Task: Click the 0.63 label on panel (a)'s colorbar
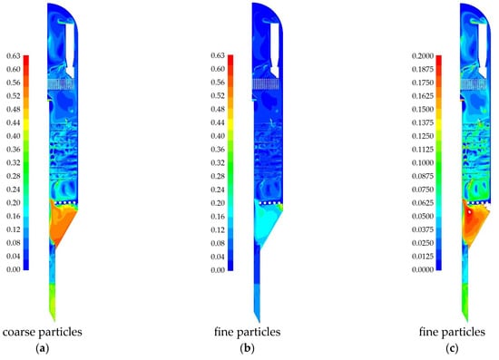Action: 14,56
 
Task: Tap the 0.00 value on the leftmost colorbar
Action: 14,269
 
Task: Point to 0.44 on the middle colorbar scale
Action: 218,122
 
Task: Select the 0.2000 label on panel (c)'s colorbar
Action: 423,56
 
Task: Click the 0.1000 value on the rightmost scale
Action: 423,162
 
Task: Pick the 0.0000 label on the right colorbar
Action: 423,269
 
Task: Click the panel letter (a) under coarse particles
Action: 43,349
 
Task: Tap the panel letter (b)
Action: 248,349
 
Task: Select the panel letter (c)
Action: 452,349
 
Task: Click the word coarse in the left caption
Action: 19,332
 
